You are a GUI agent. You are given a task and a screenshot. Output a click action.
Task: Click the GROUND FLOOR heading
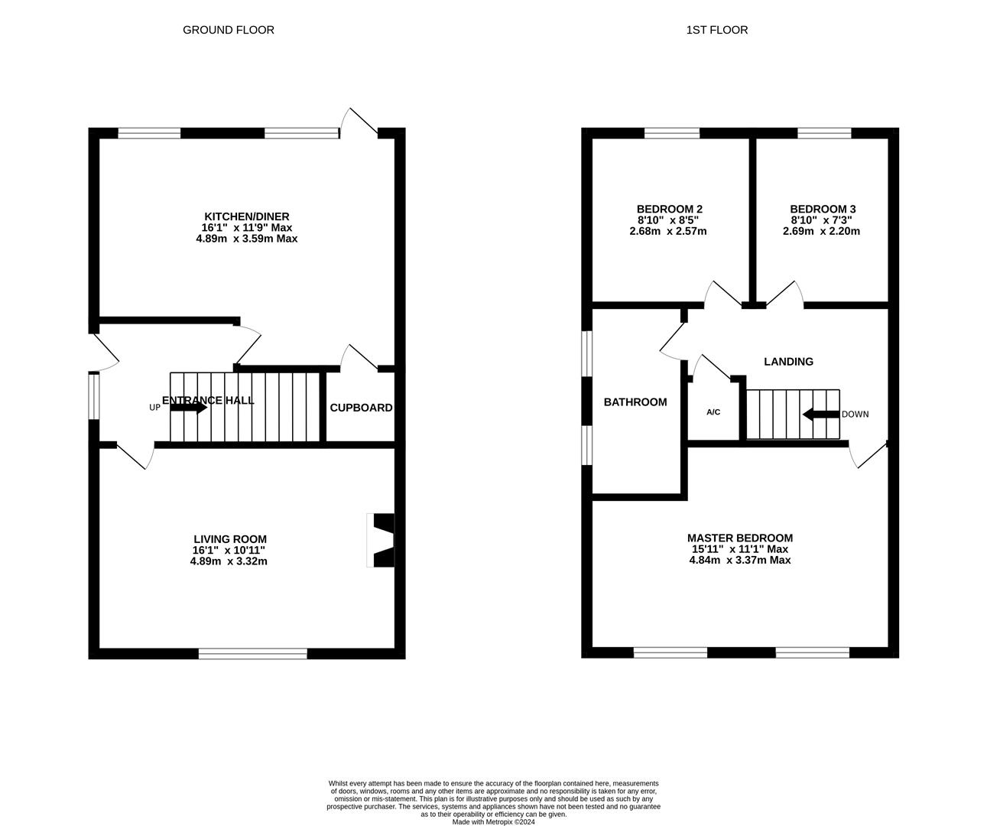click(x=228, y=30)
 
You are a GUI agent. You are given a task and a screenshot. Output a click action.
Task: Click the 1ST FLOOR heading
click(x=716, y=30)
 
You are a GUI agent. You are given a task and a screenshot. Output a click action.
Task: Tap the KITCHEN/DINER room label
click(x=246, y=216)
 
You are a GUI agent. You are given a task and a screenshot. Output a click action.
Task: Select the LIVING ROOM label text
click(x=229, y=539)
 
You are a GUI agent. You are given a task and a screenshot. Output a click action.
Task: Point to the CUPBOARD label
click(x=361, y=408)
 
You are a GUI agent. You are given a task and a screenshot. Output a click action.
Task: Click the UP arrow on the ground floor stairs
click(x=188, y=408)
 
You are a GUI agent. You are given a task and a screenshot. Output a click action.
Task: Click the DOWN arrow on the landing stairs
click(x=820, y=415)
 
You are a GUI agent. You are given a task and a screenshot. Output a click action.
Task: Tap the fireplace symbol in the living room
click(x=381, y=540)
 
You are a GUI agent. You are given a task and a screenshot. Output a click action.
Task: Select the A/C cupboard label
click(x=713, y=412)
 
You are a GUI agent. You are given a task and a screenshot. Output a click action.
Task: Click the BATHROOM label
click(x=635, y=402)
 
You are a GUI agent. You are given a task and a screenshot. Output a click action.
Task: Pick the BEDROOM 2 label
click(x=669, y=209)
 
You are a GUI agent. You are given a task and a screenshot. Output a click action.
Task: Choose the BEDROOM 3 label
click(x=823, y=209)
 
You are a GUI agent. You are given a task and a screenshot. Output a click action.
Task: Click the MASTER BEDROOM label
click(x=739, y=538)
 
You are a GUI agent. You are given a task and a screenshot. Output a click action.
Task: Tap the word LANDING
click(x=788, y=362)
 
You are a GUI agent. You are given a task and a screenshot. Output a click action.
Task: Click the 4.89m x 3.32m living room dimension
click(x=229, y=561)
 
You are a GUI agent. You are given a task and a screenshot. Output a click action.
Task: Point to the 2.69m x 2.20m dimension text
click(x=821, y=230)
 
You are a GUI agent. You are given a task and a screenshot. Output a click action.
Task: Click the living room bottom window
click(x=252, y=652)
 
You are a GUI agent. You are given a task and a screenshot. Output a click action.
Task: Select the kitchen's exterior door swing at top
click(x=359, y=122)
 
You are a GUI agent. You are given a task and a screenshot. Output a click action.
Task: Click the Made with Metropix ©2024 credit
click(x=493, y=822)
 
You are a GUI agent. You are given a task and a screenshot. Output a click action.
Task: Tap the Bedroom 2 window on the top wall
click(x=671, y=133)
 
